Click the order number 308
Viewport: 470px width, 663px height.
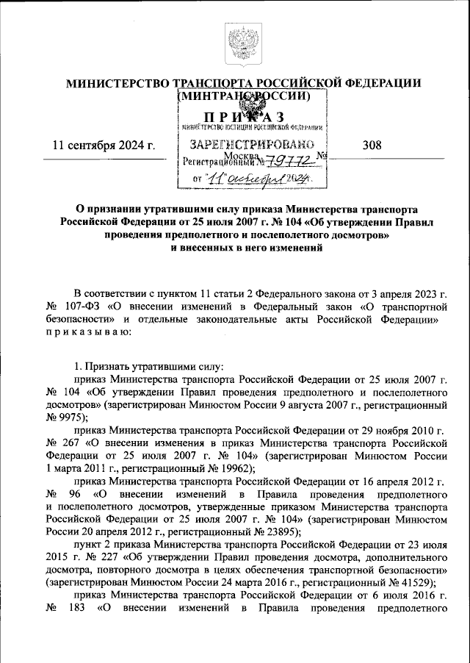coord(372,145)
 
